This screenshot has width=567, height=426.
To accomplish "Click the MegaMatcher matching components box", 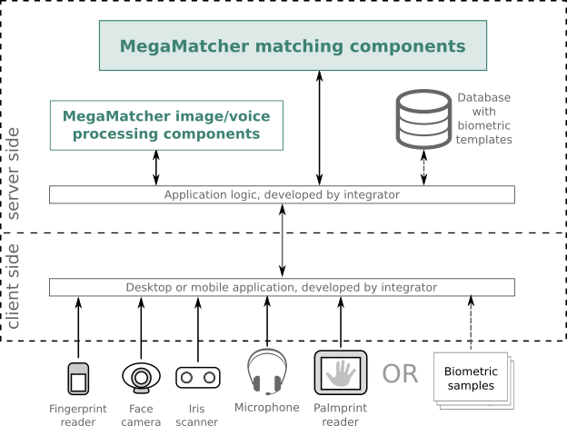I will tap(293, 45).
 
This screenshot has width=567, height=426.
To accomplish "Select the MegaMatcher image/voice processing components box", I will tap(165, 125).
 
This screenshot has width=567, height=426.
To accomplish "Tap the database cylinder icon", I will tap(424, 119).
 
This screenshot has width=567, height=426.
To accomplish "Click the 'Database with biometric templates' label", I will tap(483, 119).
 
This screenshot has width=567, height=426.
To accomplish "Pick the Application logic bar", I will tap(282, 194).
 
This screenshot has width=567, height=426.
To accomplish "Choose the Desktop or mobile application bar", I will tap(282, 287).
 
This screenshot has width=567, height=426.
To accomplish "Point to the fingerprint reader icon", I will tap(78, 378).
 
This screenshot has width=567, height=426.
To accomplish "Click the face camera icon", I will tap(141, 377).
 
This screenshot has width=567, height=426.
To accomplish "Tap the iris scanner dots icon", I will tap(198, 377).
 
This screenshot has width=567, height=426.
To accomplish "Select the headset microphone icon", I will tap(267, 372).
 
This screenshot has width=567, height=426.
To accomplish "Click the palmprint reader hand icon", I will tap(341, 372).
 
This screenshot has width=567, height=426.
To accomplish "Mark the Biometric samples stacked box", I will tap(473, 380).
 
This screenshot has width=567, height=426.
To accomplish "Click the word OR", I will tap(401, 373).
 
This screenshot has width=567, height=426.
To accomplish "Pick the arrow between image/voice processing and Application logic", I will tap(156, 168).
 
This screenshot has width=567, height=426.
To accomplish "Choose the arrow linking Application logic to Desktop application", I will tap(283, 241).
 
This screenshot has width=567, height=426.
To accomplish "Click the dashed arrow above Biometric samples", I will tap(471, 323).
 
